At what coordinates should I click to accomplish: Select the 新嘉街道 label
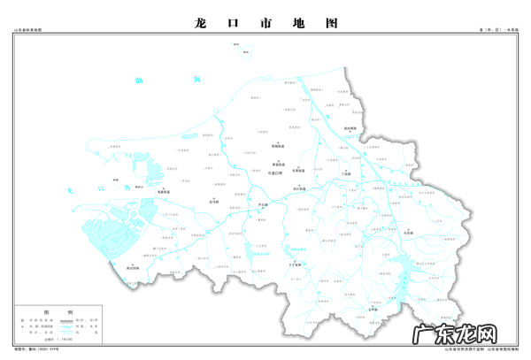278,165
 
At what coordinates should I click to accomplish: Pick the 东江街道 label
300,189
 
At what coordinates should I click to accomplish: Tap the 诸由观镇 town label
349,128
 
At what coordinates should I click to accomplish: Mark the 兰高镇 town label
346,174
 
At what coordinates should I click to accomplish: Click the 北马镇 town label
212,202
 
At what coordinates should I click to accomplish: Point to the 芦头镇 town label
260,205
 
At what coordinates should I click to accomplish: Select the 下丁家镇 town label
295,264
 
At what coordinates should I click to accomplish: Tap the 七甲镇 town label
373,310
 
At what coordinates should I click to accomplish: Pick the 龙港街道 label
163,189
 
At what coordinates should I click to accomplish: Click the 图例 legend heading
71,313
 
